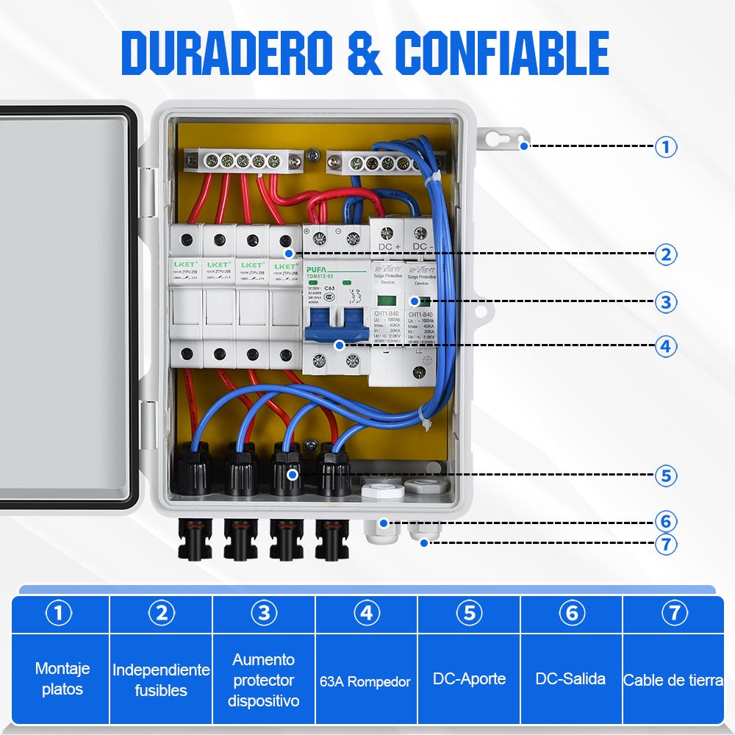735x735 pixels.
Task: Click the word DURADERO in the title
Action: pyautogui.click(x=228, y=53)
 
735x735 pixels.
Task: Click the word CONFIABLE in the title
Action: pyautogui.click(x=503, y=53)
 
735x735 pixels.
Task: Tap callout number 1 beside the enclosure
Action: pyautogui.click(x=666, y=147)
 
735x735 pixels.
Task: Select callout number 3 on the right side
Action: pyautogui.click(x=666, y=301)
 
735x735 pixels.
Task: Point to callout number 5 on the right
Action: pyautogui.click(x=666, y=476)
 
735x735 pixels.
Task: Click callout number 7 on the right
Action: pyautogui.click(x=666, y=545)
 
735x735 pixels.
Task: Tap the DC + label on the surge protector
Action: pyautogui.click(x=389, y=246)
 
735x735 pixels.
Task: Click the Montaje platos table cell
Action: pyautogui.click(x=62, y=678)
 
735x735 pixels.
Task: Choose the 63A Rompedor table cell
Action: pyautogui.click(x=366, y=681)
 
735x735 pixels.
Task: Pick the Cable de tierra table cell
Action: pyautogui.click(x=673, y=681)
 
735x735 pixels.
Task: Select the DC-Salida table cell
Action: pyautogui.click(x=571, y=678)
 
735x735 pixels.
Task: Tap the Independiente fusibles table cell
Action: pyautogui.click(x=161, y=680)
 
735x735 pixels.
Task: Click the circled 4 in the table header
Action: pyautogui.click(x=366, y=613)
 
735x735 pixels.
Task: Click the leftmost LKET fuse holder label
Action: pyautogui.click(x=185, y=265)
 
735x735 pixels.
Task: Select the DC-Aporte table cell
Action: pyautogui.click(x=469, y=678)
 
